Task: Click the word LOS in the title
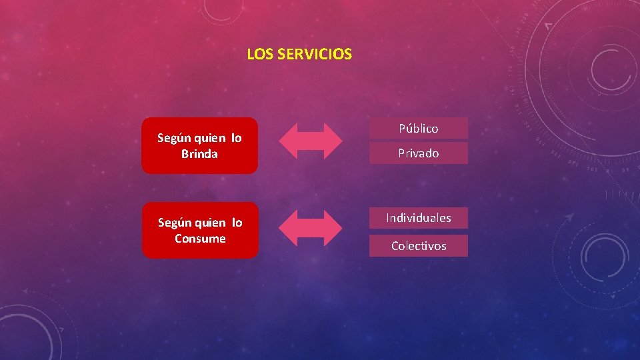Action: pos(256,55)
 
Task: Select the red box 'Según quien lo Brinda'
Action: pos(199,145)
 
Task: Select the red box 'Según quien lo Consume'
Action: pos(200,230)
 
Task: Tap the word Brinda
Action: pos(199,154)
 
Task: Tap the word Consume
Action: pos(200,239)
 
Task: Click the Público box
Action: pos(419,128)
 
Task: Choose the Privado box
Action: pos(419,153)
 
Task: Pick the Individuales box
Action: pos(419,218)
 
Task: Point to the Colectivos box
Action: pos(419,246)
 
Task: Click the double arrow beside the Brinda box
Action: pos(310,141)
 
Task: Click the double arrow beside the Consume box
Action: pos(310,228)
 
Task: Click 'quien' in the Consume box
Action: pos(211,223)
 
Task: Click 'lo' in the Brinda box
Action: pos(237,138)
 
